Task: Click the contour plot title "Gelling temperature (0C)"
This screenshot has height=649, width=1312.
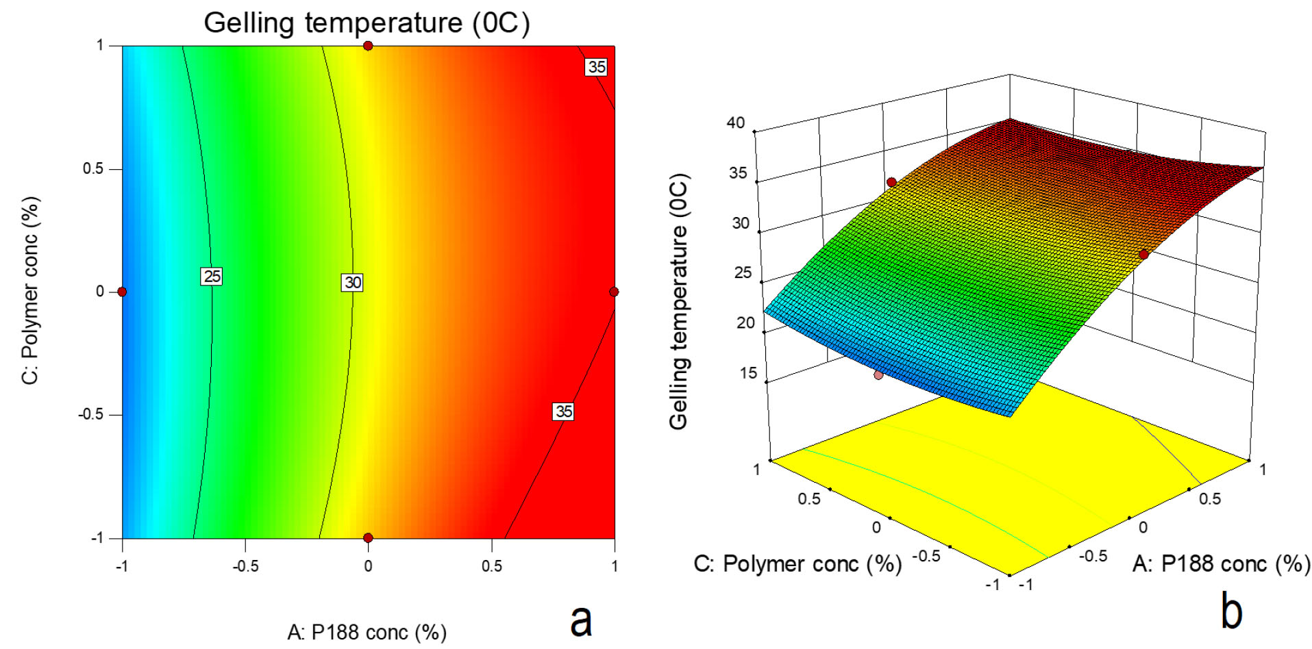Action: coord(367,23)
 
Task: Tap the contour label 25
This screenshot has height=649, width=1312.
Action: coord(212,276)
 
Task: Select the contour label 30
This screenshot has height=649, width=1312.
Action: coord(352,282)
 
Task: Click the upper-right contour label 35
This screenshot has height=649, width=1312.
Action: coord(597,66)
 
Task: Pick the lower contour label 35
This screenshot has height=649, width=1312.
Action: coord(563,411)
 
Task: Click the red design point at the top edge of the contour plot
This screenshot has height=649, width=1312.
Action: coord(368,46)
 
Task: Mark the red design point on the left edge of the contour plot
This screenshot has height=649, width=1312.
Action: coord(122,292)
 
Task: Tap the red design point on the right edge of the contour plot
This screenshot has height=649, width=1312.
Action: coord(614,292)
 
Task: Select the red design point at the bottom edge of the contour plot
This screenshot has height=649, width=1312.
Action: coord(368,537)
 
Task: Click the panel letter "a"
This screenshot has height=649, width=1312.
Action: coord(581,620)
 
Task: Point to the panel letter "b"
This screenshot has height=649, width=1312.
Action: coord(1231,611)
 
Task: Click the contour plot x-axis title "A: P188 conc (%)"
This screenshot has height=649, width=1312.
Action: coord(367,632)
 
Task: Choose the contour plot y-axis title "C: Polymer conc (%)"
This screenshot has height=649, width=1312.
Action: coord(31,290)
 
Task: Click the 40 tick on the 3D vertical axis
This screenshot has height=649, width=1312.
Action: coord(735,123)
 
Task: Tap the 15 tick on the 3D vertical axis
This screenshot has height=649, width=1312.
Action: coord(747,373)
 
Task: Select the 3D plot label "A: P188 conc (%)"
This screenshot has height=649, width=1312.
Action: coord(1221,563)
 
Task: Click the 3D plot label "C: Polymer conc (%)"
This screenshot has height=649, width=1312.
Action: coord(797,563)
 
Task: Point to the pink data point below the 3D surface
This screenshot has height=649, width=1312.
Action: coord(878,374)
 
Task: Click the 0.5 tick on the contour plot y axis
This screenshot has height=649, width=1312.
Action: coord(93,168)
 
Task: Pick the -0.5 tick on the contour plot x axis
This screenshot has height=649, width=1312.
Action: coord(245,566)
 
